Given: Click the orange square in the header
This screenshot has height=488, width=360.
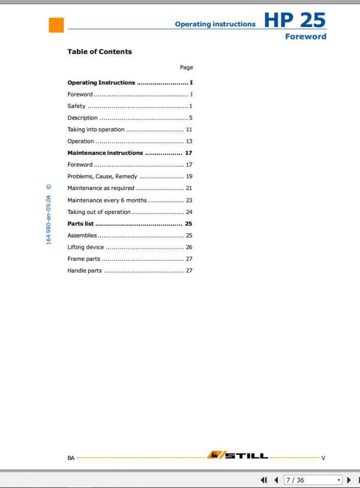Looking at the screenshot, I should [x=56, y=25].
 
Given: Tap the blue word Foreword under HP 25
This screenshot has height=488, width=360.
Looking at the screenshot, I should [x=305, y=37].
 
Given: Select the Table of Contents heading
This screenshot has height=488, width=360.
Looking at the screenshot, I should [x=100, y=52].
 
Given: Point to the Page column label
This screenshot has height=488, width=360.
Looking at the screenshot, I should [x=186, y=68].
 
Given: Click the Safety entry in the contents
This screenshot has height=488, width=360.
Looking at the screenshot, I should [x=76, y=106].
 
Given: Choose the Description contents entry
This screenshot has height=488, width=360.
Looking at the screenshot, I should [x=82, y=118].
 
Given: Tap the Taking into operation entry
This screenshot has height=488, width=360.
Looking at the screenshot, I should [x=96, y=129].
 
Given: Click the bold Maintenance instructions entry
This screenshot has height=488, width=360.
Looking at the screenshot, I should [x=105, y=153].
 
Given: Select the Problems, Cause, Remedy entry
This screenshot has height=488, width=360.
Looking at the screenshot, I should [x=102, y=177].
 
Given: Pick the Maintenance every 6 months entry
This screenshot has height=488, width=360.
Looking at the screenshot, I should [x=107, y=200].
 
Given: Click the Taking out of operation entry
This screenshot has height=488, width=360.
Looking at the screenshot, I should [x=98, y=212].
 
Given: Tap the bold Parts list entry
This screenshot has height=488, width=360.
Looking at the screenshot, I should [x=80, y=224].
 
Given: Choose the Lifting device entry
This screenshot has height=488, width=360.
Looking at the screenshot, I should [x=85, y=247].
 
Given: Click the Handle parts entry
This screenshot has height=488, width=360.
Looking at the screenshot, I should [x=85, y=271].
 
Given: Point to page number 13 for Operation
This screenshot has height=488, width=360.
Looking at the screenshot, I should [x=188, y=141].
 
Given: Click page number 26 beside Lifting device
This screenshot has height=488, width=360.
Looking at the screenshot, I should [x=188, y=247].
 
